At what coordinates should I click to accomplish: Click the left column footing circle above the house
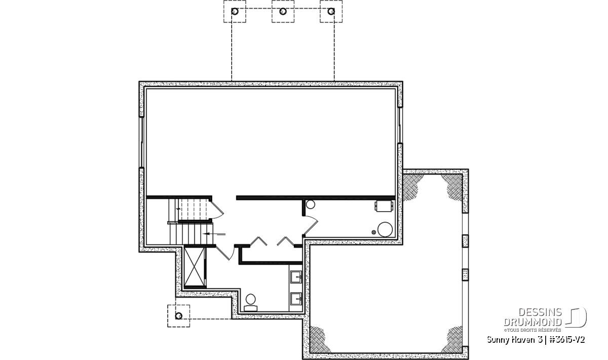point(235,12)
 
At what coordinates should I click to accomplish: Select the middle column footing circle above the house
point(283,12)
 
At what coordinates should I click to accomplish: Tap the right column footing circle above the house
point(331,12)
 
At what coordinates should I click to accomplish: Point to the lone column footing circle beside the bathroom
point(178,316)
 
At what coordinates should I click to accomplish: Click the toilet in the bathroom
point(250,302)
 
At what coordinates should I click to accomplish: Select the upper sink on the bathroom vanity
point(296,277)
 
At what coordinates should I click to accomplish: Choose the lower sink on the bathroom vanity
point(296,299)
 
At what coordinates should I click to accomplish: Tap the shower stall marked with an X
point(195,266)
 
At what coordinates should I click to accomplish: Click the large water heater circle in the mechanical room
point(385,229)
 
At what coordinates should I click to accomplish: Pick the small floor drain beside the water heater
point(374,232)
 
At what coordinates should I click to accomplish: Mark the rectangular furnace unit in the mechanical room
point(384,206)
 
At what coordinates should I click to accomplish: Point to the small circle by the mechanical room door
point(310,204)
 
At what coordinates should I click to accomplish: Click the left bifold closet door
point(258,241)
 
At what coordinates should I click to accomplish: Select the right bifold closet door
point(285,241)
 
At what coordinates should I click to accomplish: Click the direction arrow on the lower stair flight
point(214,233)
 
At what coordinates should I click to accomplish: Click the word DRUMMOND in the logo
point(533,322)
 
